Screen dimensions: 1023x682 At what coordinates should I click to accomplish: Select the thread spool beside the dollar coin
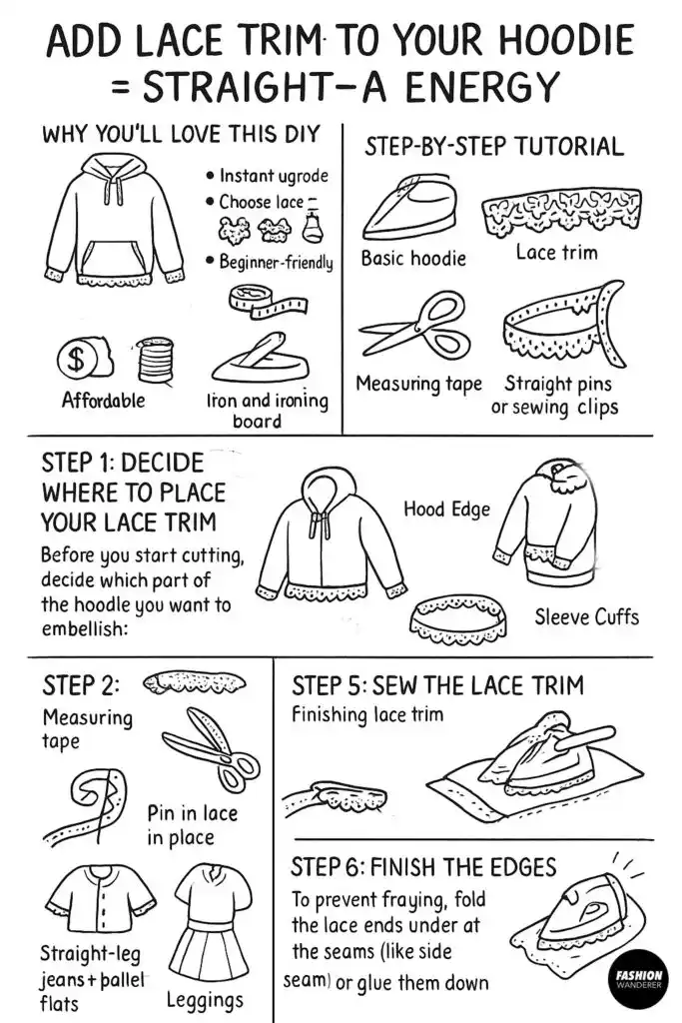click(x=153, y=360)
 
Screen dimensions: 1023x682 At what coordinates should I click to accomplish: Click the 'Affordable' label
click(x=103, y=401)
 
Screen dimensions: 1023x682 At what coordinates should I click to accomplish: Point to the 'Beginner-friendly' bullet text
click(x=276, y=263)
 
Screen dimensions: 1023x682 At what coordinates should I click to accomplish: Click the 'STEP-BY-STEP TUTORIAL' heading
click(x=493, y=147)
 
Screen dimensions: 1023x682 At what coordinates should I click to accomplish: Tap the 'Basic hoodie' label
click(x=413, y=259)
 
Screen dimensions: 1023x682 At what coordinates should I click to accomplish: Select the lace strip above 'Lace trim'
click(x=553, y=213)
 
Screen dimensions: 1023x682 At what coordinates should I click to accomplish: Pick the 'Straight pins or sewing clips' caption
click(x=554, y=396)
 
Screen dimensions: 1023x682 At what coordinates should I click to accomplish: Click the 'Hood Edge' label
click(x=446, y=510)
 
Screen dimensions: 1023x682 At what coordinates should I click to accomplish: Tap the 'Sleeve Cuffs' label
click(x=586, y=616)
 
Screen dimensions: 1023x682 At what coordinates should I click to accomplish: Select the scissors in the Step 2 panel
click(x=211, y=749)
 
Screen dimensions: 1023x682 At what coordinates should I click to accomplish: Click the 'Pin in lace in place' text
click(x=193, y=825)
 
